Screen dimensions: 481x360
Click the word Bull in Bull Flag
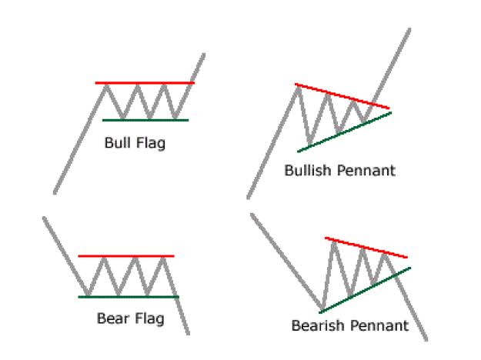tap(117, 142)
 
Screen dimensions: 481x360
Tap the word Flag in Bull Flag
tap(151, 144)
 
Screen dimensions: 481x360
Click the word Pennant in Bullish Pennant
tap(366, 171)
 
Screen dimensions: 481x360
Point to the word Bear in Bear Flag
tap(112, 318)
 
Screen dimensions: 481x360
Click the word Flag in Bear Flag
tap(149, 319)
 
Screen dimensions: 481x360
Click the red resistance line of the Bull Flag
tap(145, 83)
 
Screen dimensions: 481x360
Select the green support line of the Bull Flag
tap(145, 120)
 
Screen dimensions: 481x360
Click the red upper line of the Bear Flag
tap(126, 256)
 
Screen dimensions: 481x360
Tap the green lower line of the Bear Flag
tap(129, 297)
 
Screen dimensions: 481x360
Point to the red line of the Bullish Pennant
tap(342, 96)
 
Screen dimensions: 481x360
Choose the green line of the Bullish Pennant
tap(345, 132)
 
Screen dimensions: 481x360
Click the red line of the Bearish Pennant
tap(366, 248)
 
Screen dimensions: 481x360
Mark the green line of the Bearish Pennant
tap(365, 291)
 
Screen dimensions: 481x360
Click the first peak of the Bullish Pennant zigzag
tap(298, 88)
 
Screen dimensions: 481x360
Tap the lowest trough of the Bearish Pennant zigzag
tap(322, 308)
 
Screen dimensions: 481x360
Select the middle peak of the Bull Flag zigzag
tap(138, 85)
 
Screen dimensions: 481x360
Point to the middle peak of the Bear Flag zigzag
tap(135, 258)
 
